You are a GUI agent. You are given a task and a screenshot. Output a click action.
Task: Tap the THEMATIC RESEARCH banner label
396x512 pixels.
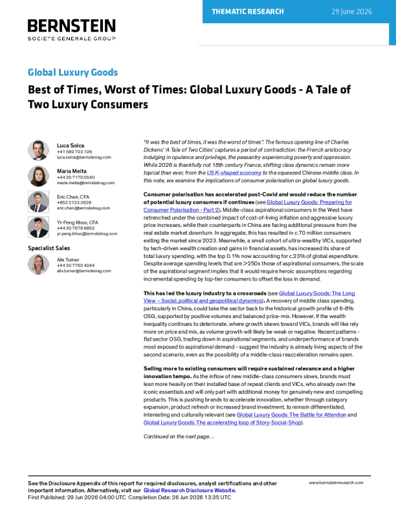click(x=248, y=12)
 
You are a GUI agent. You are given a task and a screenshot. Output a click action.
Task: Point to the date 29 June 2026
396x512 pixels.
click(x=351, y=12)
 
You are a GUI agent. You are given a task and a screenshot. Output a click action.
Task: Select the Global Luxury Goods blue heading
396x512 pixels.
click(x=72, y=72)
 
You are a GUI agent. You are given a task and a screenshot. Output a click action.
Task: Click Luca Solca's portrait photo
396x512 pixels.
click(x=38, y=150)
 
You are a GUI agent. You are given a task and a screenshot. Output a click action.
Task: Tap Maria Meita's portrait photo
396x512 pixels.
click(x=38, y=176)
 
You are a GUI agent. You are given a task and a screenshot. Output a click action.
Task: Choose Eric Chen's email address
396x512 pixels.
click(x=83, y=208)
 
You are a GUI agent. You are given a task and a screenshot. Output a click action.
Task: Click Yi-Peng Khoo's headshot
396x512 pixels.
click(x=38, y=228)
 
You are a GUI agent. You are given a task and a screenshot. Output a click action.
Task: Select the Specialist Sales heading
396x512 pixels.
click(x=49, y=248)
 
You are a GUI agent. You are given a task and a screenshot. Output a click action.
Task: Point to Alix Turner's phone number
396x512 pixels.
click(x=76, y=266)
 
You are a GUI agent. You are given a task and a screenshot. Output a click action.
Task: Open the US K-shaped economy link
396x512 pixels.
click(x=234, y=173)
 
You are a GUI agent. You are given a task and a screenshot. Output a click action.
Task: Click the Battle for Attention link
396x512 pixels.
click(x=291, y=414)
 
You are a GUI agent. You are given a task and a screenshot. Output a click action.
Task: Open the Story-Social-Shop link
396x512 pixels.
click(x=222, y=423)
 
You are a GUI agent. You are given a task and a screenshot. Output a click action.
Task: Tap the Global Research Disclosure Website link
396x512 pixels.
click(x=189, y=491)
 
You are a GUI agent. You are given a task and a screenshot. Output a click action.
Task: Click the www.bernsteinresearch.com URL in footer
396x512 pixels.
click(x=336, y=483)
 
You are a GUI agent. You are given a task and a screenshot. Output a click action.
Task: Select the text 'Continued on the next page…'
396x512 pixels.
click(x=179, y=436)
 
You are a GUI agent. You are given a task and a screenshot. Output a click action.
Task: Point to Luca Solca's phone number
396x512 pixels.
click(x=74, y=152)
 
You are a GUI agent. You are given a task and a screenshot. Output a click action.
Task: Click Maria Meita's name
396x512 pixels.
click(x=72, y=171)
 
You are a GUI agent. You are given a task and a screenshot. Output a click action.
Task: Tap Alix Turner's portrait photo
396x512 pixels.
click(x=38, y=264)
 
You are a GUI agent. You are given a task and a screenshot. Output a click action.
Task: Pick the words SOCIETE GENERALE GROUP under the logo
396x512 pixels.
click(x=72, y=39)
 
